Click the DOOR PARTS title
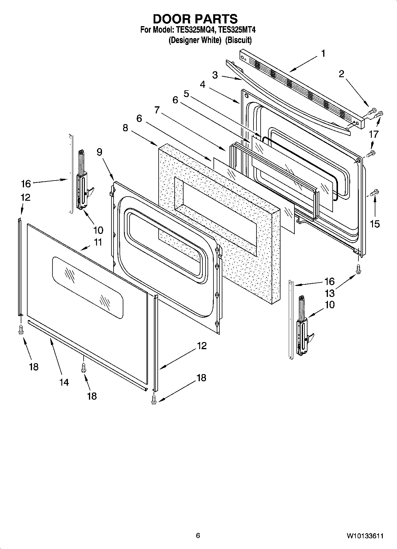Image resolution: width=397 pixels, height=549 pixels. click(x=195, y=19)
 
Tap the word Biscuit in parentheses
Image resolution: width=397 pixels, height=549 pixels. click(x=238, y=40)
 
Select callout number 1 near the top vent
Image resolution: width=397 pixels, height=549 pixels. click(x=323, y=53)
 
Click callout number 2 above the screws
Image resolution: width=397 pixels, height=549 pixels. click(x=341, y=74)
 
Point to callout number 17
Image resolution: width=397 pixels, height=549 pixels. click(x=374, y=134)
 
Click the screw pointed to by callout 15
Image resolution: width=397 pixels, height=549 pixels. click(x=375, y=192)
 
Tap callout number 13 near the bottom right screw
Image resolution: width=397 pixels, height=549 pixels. click(x=330, y=293)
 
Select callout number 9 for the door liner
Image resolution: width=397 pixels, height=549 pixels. click(x=99, y=152)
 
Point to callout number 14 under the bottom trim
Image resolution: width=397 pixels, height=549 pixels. click(x=64, y=382)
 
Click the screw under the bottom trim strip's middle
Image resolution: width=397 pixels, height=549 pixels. click(x=84, y=368)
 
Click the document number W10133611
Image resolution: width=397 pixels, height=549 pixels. click(x=365, y=536)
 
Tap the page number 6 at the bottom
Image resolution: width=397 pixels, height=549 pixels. click(x=198, y=535)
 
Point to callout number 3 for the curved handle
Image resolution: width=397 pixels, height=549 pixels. click(x=215, y=75)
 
